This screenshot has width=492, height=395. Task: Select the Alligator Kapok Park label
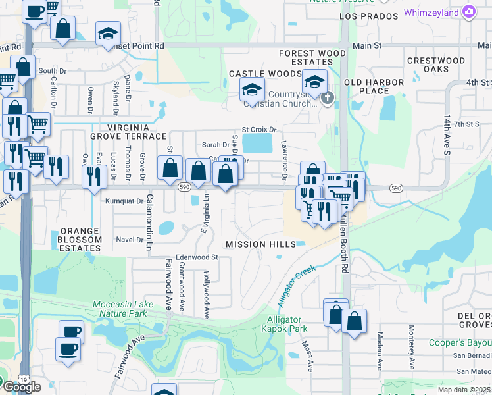tap(283, 323)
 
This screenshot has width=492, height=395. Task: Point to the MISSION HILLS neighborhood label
tap(260, 244)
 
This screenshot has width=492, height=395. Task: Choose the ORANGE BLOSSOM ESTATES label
tap(81, 240)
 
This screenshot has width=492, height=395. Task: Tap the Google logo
tap(21, 386)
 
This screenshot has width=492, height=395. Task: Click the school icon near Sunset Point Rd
tap(109, 34)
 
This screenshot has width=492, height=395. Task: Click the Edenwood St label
tap(197, 257)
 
